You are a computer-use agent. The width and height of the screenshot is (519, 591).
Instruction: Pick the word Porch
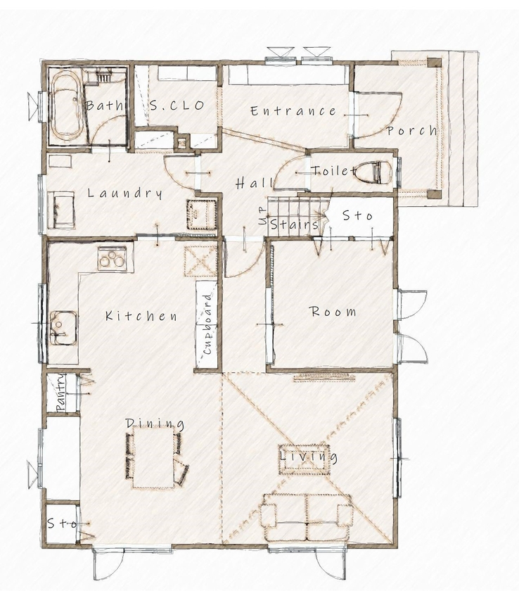pyautogui.click(x=411, y=131)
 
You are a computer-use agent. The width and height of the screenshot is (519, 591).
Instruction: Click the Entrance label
pyautogui.click(x=293, y=111)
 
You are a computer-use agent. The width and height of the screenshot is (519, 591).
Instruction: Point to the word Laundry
pyautogui.click(x=125, y=193)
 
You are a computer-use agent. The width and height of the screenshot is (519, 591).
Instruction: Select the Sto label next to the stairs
pyautogui.click(x=357, y=217)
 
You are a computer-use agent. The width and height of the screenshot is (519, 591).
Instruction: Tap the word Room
pyautogui.click(x=333, y=312)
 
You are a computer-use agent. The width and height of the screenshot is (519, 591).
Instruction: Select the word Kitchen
pyautogui.click(x=141, y=316)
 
